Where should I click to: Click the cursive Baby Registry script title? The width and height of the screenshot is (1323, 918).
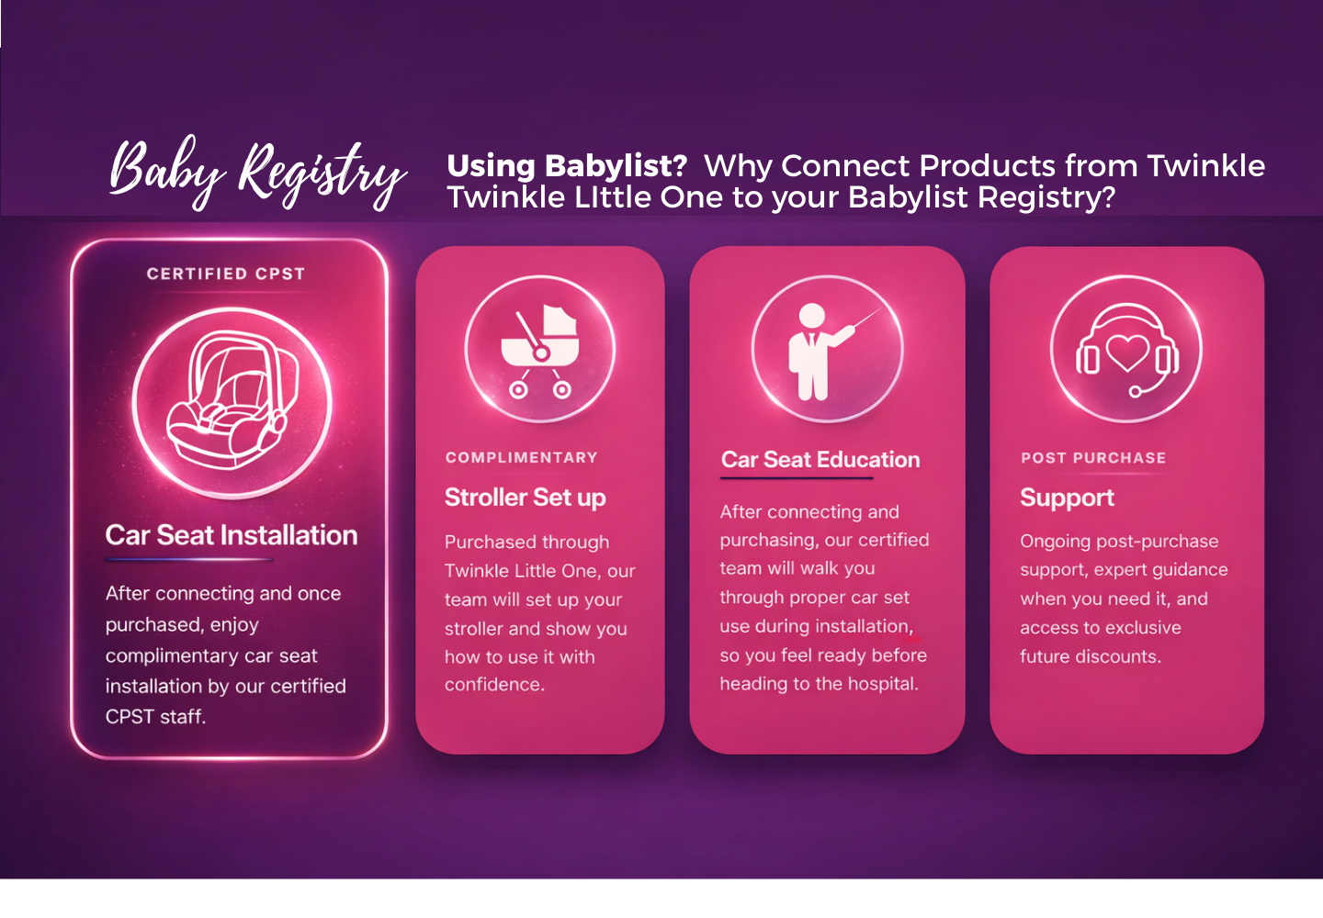[258, 173]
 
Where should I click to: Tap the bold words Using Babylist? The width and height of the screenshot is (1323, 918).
[567, 166]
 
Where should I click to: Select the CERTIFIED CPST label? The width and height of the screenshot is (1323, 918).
[226, 274]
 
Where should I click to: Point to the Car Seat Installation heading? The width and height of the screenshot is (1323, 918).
[232, 535]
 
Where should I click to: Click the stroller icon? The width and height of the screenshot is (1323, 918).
[539, 351]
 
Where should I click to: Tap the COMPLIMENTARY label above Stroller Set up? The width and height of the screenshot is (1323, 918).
[522, 458]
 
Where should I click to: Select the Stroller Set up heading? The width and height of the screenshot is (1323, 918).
[526, 498]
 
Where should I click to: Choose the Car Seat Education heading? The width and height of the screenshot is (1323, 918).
[820, 460]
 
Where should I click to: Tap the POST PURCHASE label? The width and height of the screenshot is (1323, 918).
[1093, 458]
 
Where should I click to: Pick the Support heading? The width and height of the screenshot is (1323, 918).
[1068, 498]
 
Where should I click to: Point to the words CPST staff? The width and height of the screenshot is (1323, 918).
[155, 717]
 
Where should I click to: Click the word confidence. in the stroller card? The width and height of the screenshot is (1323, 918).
[495, 685]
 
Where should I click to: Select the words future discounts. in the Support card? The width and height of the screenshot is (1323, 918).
[1091, 656]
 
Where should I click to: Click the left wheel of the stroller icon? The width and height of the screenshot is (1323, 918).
[518, 390]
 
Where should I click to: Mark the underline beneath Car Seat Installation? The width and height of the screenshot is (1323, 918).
[189, 559]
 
